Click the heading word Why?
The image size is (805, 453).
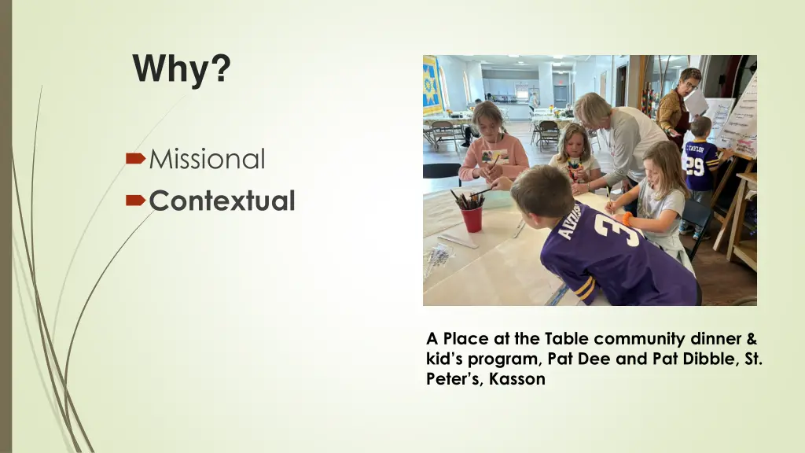coord(182,68)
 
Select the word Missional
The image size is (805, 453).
coord(207,160)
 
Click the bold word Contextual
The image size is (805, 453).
coord(222,201)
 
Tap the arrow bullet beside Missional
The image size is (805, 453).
coord(135,160)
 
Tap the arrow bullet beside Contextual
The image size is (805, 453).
coord(135,201)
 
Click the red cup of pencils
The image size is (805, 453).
coord(472,217)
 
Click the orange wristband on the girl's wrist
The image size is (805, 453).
coord(627,219)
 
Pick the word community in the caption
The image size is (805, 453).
coord(641,339)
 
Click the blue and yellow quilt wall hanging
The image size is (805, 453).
coord(432,86)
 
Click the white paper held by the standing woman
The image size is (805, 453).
coord(697,101)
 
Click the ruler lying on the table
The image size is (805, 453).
coord(458,241)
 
